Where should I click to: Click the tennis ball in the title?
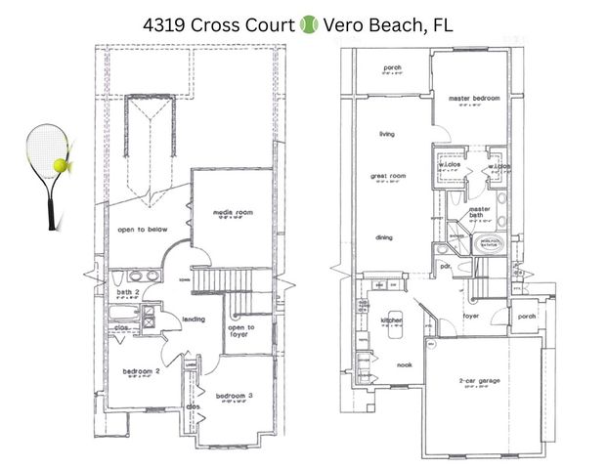[x=309, y=21]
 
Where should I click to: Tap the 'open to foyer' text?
[x=240, y=331]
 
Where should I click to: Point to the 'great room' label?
[x=387, y=177]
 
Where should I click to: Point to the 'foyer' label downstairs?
[x=471, y=316]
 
